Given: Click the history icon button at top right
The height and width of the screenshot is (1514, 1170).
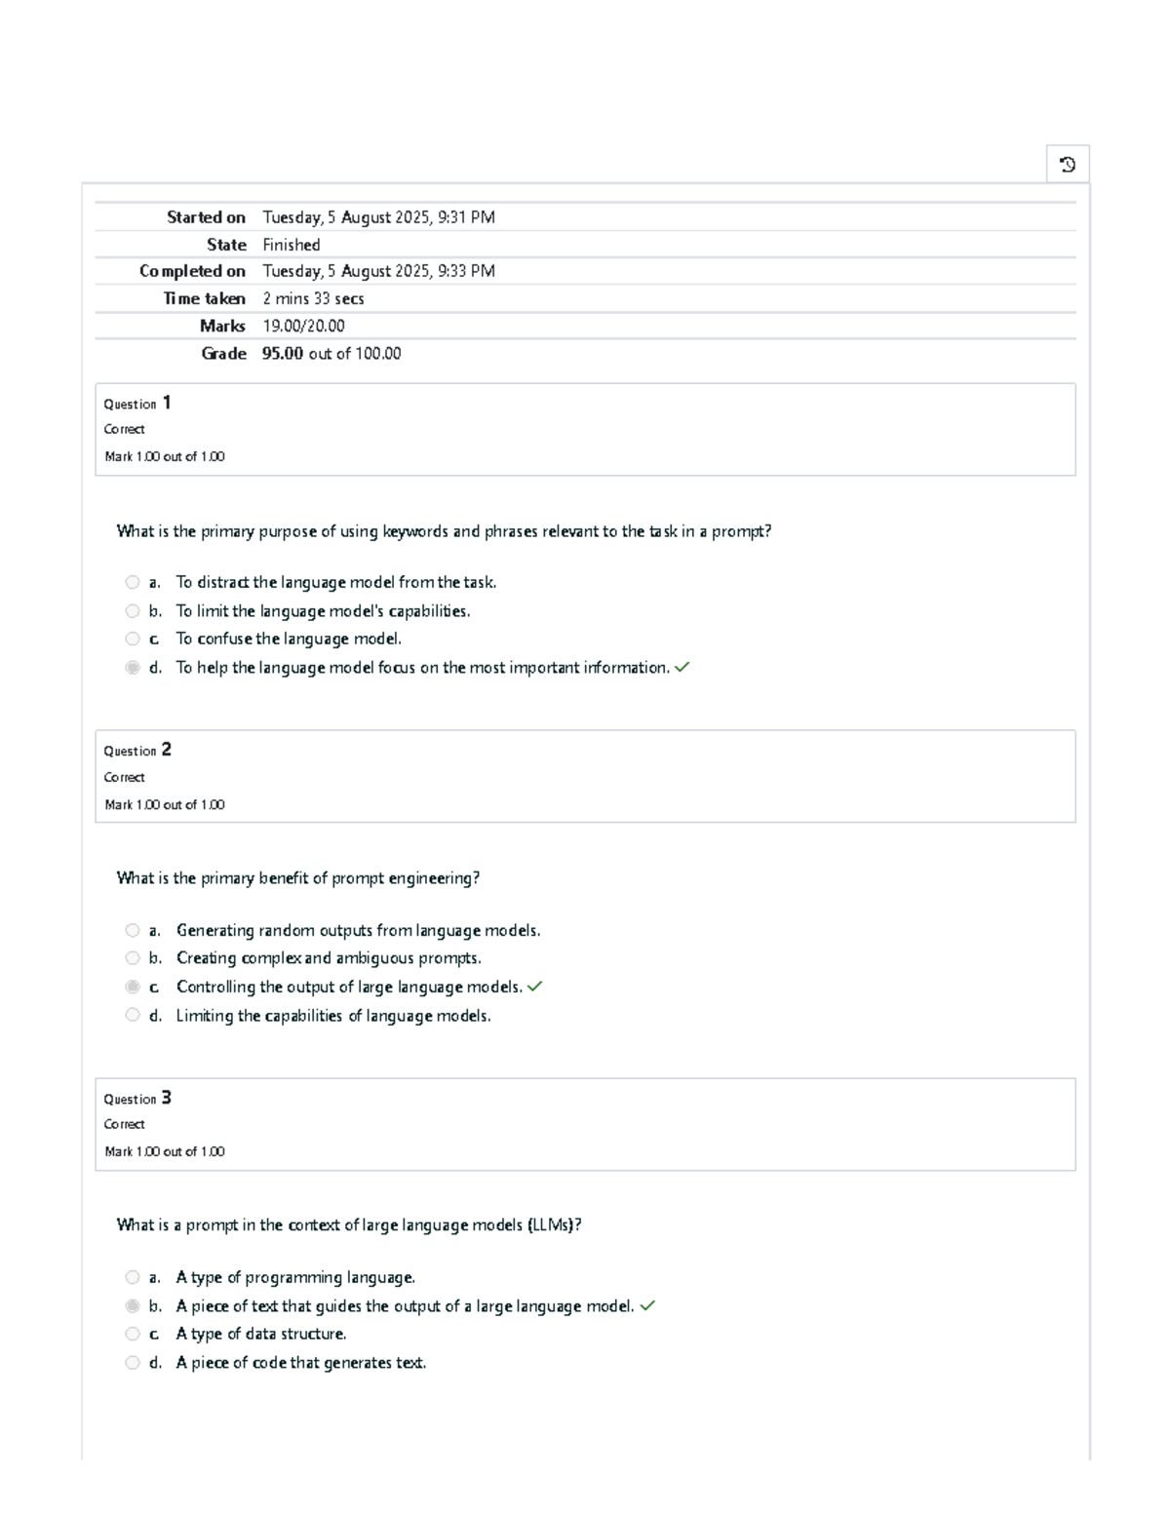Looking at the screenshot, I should point(1068,165).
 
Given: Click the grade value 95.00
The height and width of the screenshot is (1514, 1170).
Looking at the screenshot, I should point(282,354).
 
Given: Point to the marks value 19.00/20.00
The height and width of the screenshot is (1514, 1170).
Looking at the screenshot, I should point(303,327).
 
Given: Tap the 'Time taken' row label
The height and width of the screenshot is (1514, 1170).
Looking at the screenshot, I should point(204,299).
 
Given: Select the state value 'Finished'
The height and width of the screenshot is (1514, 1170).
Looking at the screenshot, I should point(291,245).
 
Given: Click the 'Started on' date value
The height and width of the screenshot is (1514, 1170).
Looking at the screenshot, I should point(378,217).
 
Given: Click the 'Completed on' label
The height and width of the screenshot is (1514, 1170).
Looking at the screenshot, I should point(192,271).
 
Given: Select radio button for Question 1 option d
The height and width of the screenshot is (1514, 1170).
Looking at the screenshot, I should point(133,668).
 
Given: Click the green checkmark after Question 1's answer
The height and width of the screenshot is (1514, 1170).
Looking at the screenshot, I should point(682,668).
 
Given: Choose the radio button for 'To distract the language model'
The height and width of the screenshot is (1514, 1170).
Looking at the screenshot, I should point(133,582).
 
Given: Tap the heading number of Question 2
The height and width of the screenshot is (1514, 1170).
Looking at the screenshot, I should point(167,750).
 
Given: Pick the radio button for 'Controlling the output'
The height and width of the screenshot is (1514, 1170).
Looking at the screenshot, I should point(133,987).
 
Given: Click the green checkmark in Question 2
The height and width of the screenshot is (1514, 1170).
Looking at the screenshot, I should point(534,987).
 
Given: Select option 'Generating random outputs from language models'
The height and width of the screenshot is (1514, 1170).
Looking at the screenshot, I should point(358,931).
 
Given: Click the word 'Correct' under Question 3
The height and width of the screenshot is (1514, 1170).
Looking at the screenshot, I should point(124,1124).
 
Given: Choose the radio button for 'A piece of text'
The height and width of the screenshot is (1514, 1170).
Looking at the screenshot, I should point(133,1306).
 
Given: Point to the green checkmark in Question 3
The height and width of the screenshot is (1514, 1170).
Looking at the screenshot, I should point(647,1306).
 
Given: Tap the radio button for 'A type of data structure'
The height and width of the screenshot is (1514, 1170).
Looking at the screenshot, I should point(133,1335).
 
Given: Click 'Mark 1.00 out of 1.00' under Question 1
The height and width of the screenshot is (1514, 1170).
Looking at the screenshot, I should point(164,456).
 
